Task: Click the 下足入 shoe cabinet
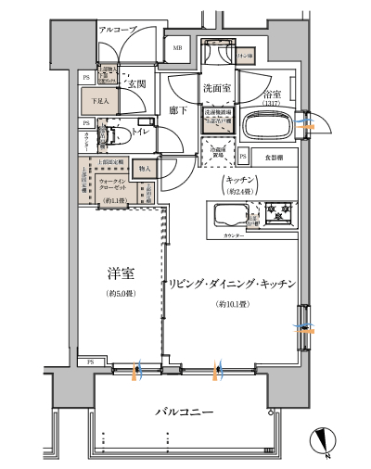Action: [x=100, y=101]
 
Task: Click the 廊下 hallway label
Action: [x=179, y=110]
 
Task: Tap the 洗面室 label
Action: [x=217, y=88]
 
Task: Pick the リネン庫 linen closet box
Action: [x=247, y=57]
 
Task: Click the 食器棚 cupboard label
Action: [x=269, y=157]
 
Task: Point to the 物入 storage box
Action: [x=145, y=169]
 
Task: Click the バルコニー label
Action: [x=185, y=411]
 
